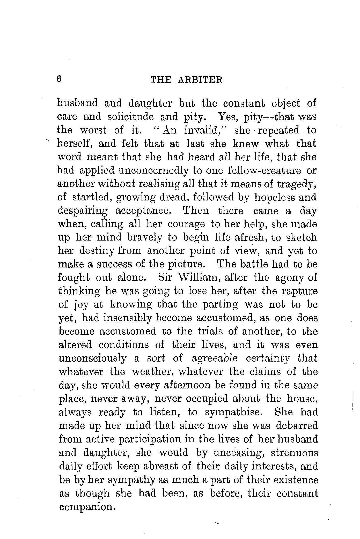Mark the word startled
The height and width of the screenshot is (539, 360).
point(92,197)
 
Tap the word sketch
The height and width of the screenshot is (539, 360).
point(302,237)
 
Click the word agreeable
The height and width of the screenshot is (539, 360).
point(215,358)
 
